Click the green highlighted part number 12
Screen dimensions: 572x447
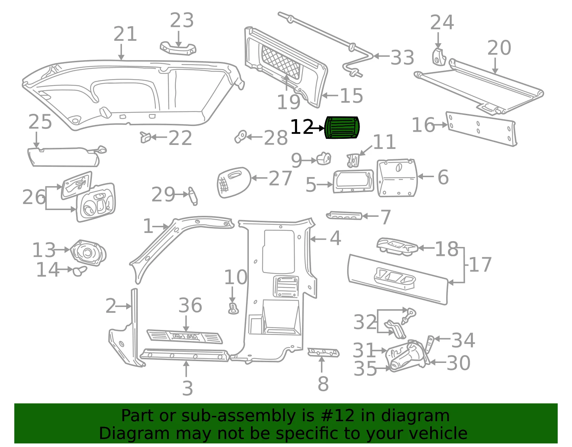tap(342, 127)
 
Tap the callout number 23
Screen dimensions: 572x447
tap(182, 20)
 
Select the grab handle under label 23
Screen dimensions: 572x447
tap(178, 48)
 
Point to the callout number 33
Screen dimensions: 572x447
tap(402, 57)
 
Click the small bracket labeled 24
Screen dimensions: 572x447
tap(439, 57)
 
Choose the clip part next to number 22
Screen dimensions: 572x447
tap(146, 137)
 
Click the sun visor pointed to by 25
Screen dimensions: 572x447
tap(66, 156)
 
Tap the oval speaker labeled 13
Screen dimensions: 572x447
tap(88, 253)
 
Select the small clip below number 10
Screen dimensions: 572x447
tap(233, 308)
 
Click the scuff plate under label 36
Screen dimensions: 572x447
tap(184, 337)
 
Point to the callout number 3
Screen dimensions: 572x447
tap(187, 388)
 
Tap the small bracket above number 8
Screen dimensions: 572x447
tap(324, 353)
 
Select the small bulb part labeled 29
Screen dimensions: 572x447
tap(193, 196)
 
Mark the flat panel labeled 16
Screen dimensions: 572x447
tap(481, 129)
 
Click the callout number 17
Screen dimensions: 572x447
tap(480, 265)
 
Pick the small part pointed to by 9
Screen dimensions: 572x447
tap(324, 159)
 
